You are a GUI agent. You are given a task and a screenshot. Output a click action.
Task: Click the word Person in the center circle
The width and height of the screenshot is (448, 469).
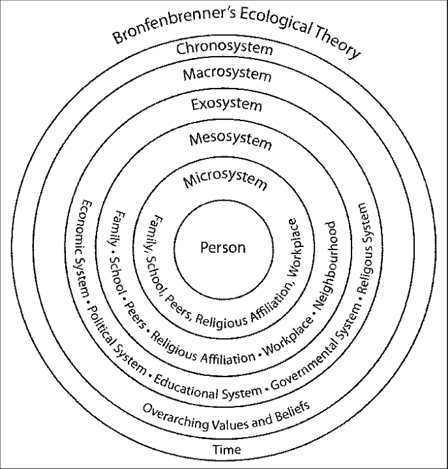[x=224, y=248]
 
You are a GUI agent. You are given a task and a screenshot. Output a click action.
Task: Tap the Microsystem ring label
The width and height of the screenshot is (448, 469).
[x=225, y=180]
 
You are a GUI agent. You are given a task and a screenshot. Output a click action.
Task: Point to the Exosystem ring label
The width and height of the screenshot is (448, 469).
[x=226, y=104]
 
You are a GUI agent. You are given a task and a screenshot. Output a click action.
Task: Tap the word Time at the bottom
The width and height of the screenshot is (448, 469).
[x=226, y=449]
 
